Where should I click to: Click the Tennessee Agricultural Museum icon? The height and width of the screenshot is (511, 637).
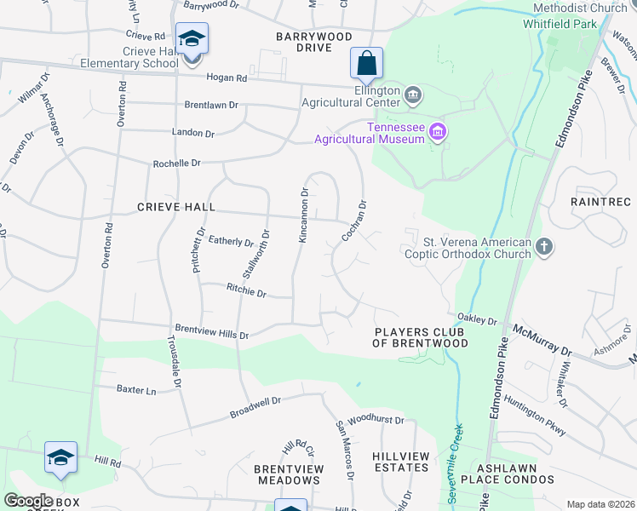[438, 131]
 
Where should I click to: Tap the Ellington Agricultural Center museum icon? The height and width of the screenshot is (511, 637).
[413, 94]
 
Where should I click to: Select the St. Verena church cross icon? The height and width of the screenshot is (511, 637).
[543, 248]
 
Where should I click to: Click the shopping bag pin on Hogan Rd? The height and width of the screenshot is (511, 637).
[366, 63]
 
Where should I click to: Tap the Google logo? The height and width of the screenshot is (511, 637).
[28, 501]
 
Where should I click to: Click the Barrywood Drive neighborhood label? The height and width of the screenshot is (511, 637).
[314, 42]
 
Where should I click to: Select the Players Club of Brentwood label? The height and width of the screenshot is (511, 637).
[421, 337]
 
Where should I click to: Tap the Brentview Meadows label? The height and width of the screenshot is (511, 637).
[287, 474]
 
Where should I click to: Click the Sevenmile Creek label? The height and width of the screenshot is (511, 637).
[452, 464]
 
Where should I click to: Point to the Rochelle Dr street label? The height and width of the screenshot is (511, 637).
[175, 162]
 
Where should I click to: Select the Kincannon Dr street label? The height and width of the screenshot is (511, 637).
[302, 215]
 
